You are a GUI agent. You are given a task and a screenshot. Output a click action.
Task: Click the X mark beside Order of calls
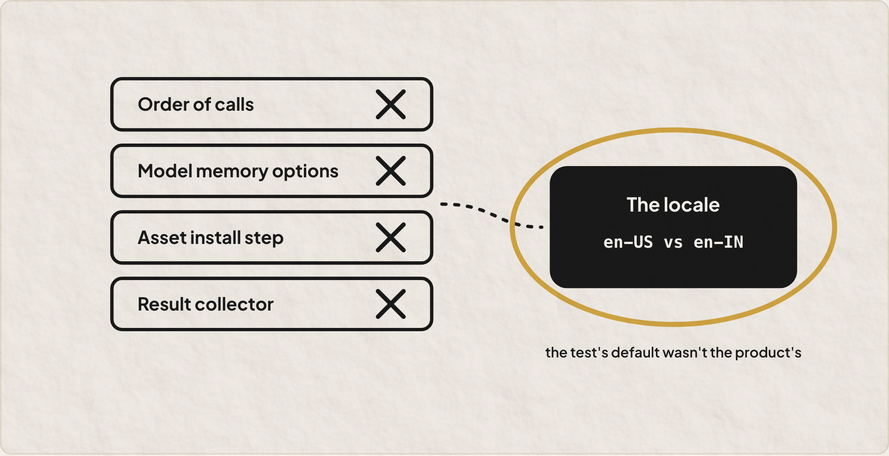391,104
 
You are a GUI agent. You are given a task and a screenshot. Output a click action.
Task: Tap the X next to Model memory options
391,171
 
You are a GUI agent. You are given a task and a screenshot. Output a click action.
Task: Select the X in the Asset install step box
391,237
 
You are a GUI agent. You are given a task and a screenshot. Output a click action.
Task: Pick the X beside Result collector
391,304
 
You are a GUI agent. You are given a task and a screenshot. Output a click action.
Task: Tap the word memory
232,172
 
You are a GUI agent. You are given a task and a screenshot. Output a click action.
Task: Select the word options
305,172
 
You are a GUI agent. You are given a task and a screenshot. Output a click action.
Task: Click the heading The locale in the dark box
673,205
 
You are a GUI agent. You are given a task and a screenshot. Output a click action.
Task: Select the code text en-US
628,242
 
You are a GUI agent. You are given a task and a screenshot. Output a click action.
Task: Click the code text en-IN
718,242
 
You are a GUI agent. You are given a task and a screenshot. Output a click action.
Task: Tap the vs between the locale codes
673,243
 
